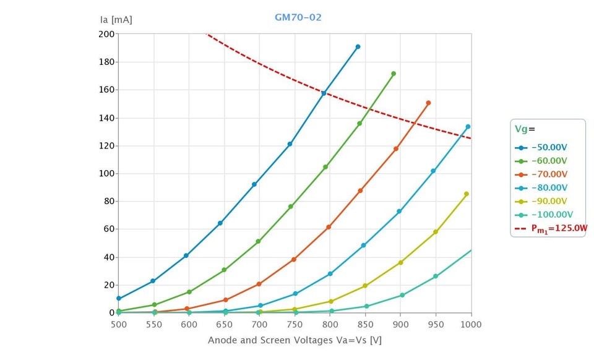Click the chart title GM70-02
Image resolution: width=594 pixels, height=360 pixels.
[298, 17]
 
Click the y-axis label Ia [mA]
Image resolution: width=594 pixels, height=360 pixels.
[116, 19]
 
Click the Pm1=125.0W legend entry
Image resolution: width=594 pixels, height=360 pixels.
[551, 229]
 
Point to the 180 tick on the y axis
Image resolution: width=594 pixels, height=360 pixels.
[106, 62]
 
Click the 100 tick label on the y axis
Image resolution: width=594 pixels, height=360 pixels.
[106, 174]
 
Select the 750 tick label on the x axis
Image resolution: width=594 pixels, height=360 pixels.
[294, 324]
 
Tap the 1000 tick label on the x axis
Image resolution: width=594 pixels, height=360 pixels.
[471, 324]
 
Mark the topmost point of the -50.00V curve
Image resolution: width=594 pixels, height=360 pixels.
[358, 47]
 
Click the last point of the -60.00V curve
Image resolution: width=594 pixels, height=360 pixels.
[394, 74]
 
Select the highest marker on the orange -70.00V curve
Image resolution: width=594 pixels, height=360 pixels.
[428, 103]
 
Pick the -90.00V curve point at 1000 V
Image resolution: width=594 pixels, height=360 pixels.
[467, 194]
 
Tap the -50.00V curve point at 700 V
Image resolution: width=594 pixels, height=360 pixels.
[254, 184]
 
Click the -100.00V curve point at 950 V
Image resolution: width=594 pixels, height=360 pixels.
[436, 276]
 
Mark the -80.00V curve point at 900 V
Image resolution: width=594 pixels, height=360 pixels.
[399, 212]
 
